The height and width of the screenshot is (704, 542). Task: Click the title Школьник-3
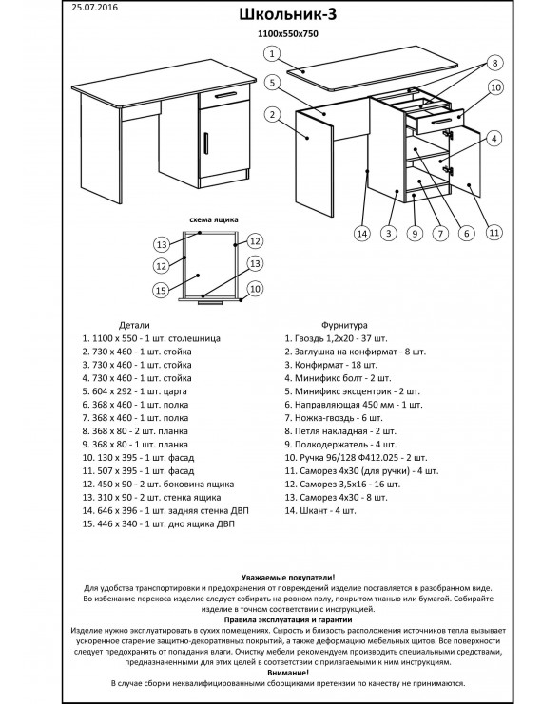tap(287, 14)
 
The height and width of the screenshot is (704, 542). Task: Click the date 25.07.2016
tap(94, 8)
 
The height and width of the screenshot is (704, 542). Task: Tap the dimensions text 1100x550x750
tap(287, 33)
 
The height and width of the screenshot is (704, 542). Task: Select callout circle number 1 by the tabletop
tap(271, 54)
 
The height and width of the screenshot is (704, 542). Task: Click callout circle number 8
tap(494, 63)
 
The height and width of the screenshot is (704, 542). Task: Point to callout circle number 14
tap(362, 233)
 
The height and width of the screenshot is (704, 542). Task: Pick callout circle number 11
tap(494, 233)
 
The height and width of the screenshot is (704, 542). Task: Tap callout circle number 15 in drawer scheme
tap(161, 290)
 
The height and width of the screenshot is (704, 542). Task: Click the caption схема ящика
tap(214, 220)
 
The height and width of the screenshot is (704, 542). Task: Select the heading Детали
tap(134, 325)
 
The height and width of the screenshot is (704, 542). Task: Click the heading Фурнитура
tap(344, 325)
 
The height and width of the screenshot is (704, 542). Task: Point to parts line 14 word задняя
tap(182, 511)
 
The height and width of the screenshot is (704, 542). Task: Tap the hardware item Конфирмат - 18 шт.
tap(331, 365)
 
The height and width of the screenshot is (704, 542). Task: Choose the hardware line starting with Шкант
tap(320, 511)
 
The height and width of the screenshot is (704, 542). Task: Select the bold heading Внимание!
tap(288, 673)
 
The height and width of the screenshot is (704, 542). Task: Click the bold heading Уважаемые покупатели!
tap(288, 578)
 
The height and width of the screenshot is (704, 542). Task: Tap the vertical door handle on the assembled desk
tap(205, 143)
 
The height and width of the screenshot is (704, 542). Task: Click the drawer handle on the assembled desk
tap(225, 95)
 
